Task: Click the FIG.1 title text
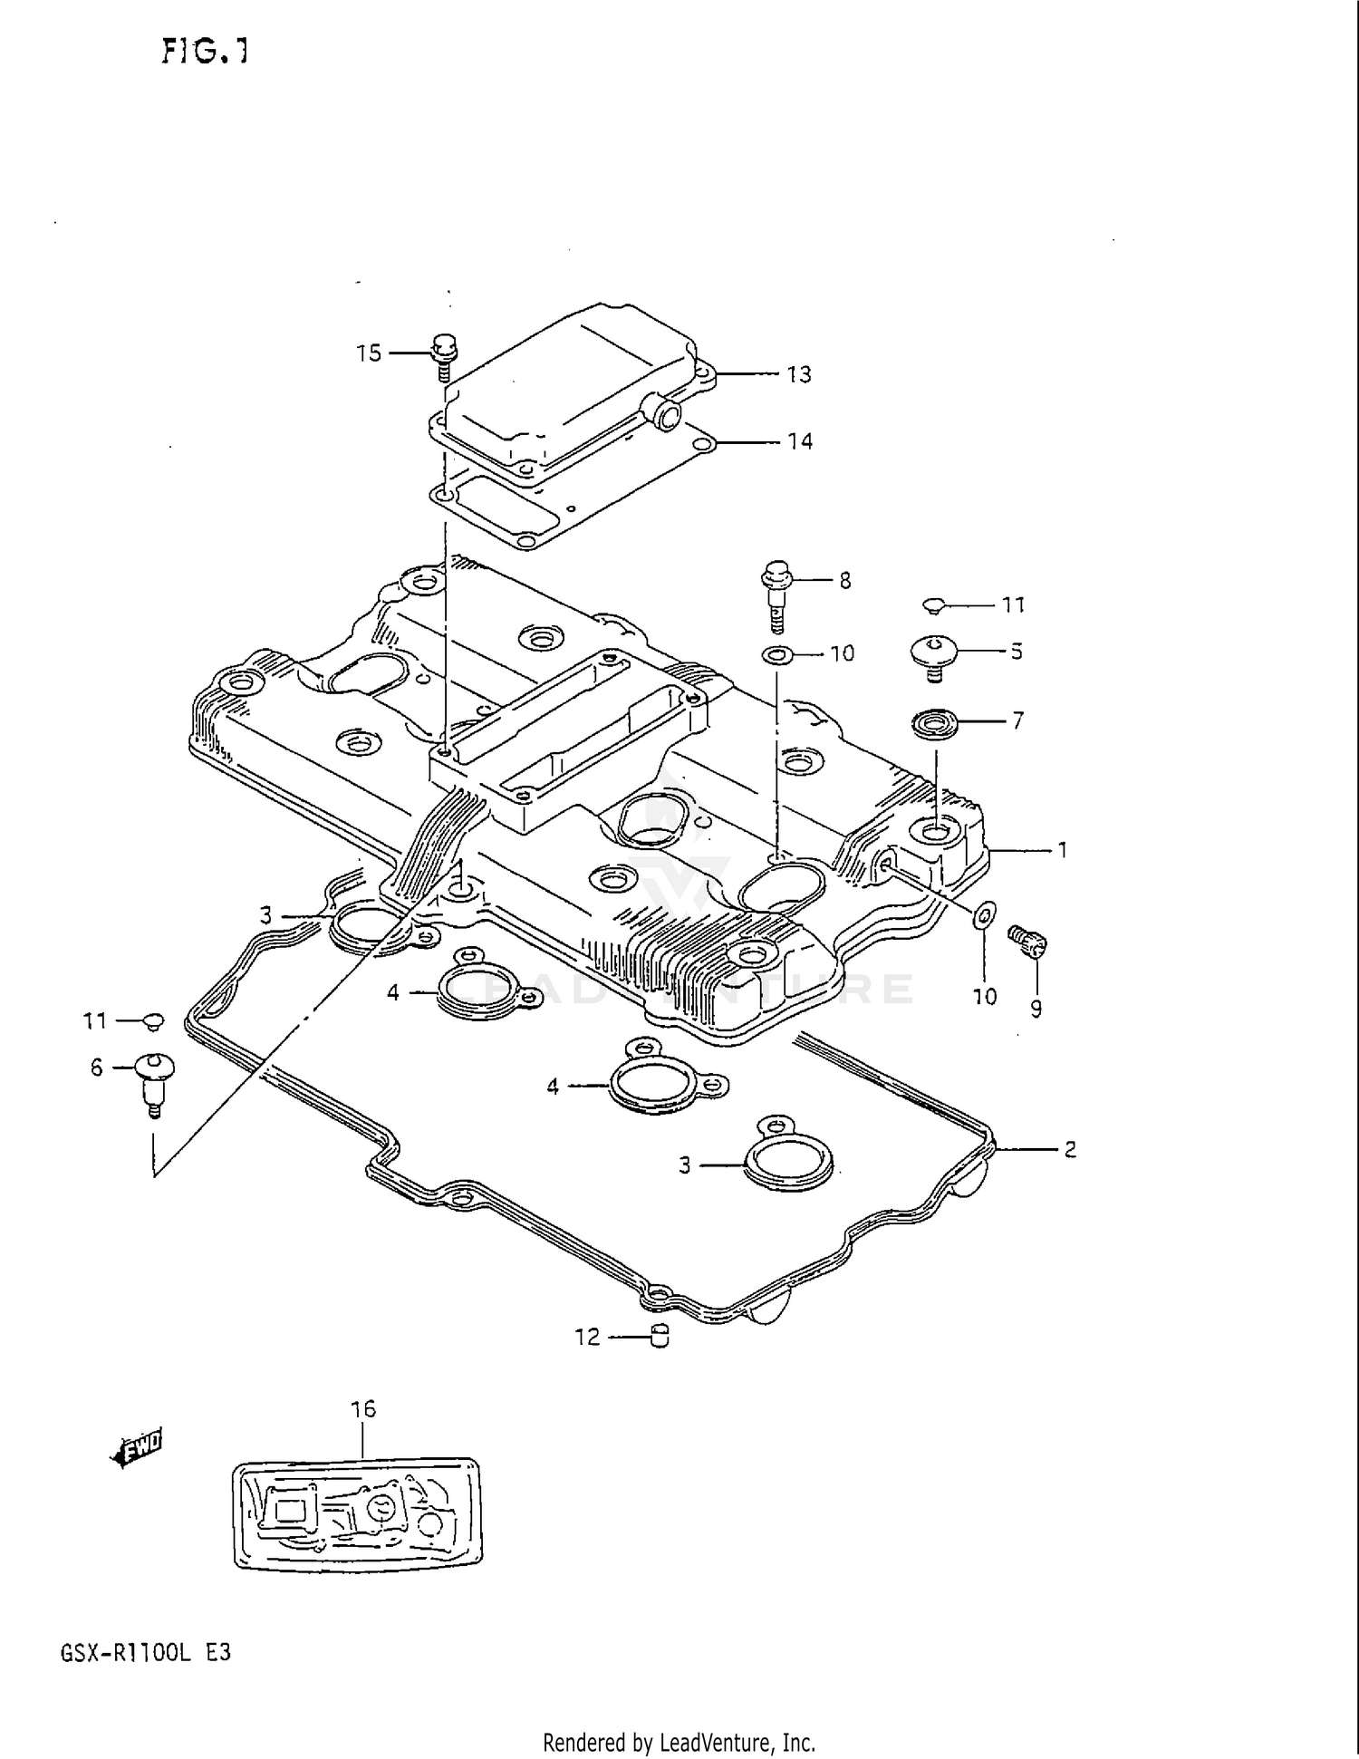205,53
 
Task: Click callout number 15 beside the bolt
369,353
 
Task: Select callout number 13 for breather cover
798,374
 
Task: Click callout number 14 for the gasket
799,441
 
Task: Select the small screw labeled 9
1029,942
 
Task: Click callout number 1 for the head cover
1062,850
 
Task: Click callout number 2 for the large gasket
1069,1149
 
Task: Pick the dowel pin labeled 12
660,1336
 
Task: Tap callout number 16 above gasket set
363,1409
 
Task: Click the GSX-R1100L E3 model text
145,1653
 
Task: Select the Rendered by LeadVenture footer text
679,1742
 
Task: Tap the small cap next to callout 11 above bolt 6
153,1021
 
